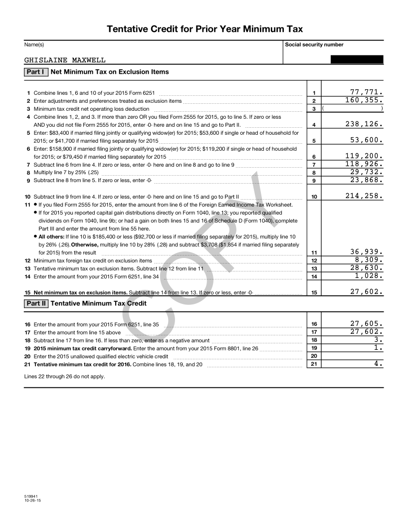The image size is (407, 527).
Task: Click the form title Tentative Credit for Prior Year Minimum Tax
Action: pos(204,29)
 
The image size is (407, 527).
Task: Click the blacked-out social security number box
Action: pos(357,59)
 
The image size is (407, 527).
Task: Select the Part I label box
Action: pos(36,72)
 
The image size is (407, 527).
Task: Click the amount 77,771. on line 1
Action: pos(366,92)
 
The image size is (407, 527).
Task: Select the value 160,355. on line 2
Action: pos(364,100)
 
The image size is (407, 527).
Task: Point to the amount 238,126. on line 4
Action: pos(364,124)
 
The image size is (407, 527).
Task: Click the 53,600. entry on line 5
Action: pos(366,140)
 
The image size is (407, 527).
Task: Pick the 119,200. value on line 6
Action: pos(364,156)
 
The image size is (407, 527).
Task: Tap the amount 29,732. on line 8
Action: pos(366,172)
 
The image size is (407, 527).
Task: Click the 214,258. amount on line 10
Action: pos(364,196)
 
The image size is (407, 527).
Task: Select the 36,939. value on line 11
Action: pos(366,252)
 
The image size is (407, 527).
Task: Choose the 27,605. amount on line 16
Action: pos(366,323)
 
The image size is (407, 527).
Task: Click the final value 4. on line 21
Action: pos(379,364)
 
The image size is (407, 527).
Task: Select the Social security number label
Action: pos(314,45)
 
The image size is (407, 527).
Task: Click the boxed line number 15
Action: pos(314,293)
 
